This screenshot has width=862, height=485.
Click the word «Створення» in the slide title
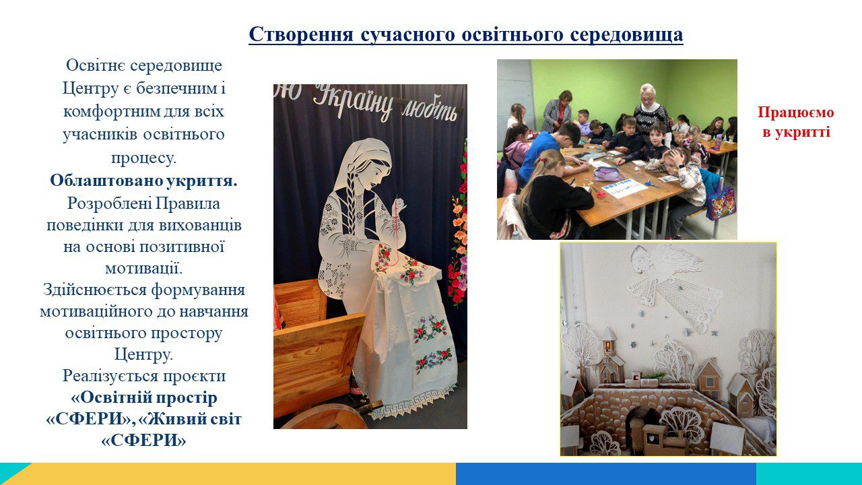tap(301, 34)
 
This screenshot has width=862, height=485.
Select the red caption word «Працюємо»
tap(796, 112)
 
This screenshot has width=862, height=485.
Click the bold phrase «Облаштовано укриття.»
tap(143, 181)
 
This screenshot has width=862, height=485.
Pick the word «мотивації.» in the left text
tap(143, 268)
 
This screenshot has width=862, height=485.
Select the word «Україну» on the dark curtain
tap(352, 101)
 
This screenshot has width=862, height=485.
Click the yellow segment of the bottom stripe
tap(238, 474)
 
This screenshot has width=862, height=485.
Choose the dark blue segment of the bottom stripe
tap(606, 474)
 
